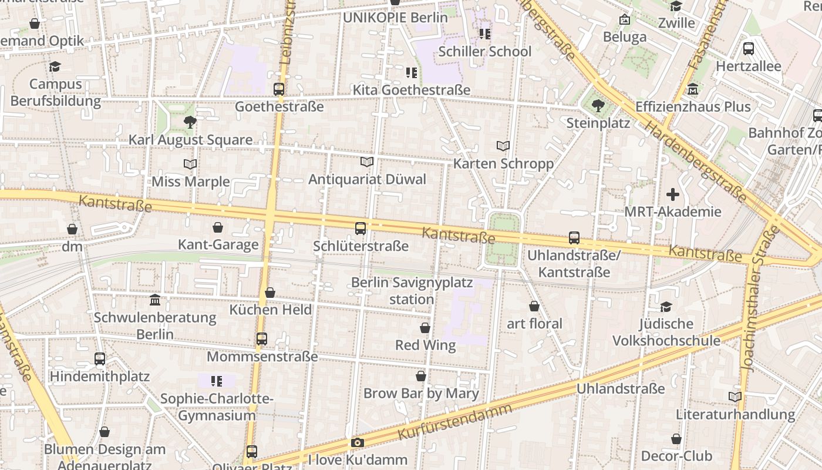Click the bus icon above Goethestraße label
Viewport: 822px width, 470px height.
coord(279,89)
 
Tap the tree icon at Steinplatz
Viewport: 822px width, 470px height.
coord(598,106)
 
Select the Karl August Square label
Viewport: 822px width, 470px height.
coord(190,140)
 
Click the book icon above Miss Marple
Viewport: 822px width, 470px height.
coord(190,164)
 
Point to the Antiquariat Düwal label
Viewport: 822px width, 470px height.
coord(367,179)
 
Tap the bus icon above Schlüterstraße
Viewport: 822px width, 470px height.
coord(361,228)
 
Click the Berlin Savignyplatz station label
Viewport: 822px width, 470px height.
coord(412,291)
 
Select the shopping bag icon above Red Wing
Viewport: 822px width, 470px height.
coord(425,328)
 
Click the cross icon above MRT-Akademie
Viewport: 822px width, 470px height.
coord(673,194)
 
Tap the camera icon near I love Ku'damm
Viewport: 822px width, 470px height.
coord(357,442)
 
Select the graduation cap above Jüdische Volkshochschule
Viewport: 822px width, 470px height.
coord(666,307)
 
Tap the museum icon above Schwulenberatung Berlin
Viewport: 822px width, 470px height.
coord(155,300)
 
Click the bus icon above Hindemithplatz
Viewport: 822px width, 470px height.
coord(100,358)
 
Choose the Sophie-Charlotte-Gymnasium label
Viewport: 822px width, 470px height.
coord(217,407)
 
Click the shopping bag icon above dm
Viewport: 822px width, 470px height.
coord(72,229)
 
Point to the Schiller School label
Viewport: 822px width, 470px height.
coord(484,51)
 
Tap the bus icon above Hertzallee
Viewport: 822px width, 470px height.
coord(748,49)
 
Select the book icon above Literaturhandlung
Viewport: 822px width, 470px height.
coord(735,397)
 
